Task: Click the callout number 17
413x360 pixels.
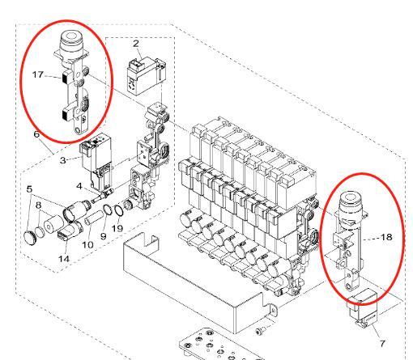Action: pos(38,74)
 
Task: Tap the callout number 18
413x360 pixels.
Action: pos(386,237)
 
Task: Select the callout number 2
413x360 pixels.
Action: pos(136,44)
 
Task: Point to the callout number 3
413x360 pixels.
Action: pos(63,160)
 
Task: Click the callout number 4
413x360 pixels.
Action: pos(79,186)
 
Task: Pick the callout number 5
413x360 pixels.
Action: pos(29,189)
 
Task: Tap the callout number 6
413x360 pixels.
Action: pos(36,134)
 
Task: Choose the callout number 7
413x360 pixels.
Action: pos(382,344)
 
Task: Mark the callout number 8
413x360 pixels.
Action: pos(39,205)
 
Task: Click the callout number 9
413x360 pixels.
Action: pos(104,236)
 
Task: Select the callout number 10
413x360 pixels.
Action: pos(87,245)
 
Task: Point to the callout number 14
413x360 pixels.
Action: pos(64,259)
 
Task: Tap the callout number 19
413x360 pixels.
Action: pos(117,228)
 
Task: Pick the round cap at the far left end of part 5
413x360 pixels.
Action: pos(29,238)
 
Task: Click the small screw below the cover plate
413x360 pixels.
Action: pos(261,330)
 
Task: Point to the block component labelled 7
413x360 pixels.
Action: pos(362,307)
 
